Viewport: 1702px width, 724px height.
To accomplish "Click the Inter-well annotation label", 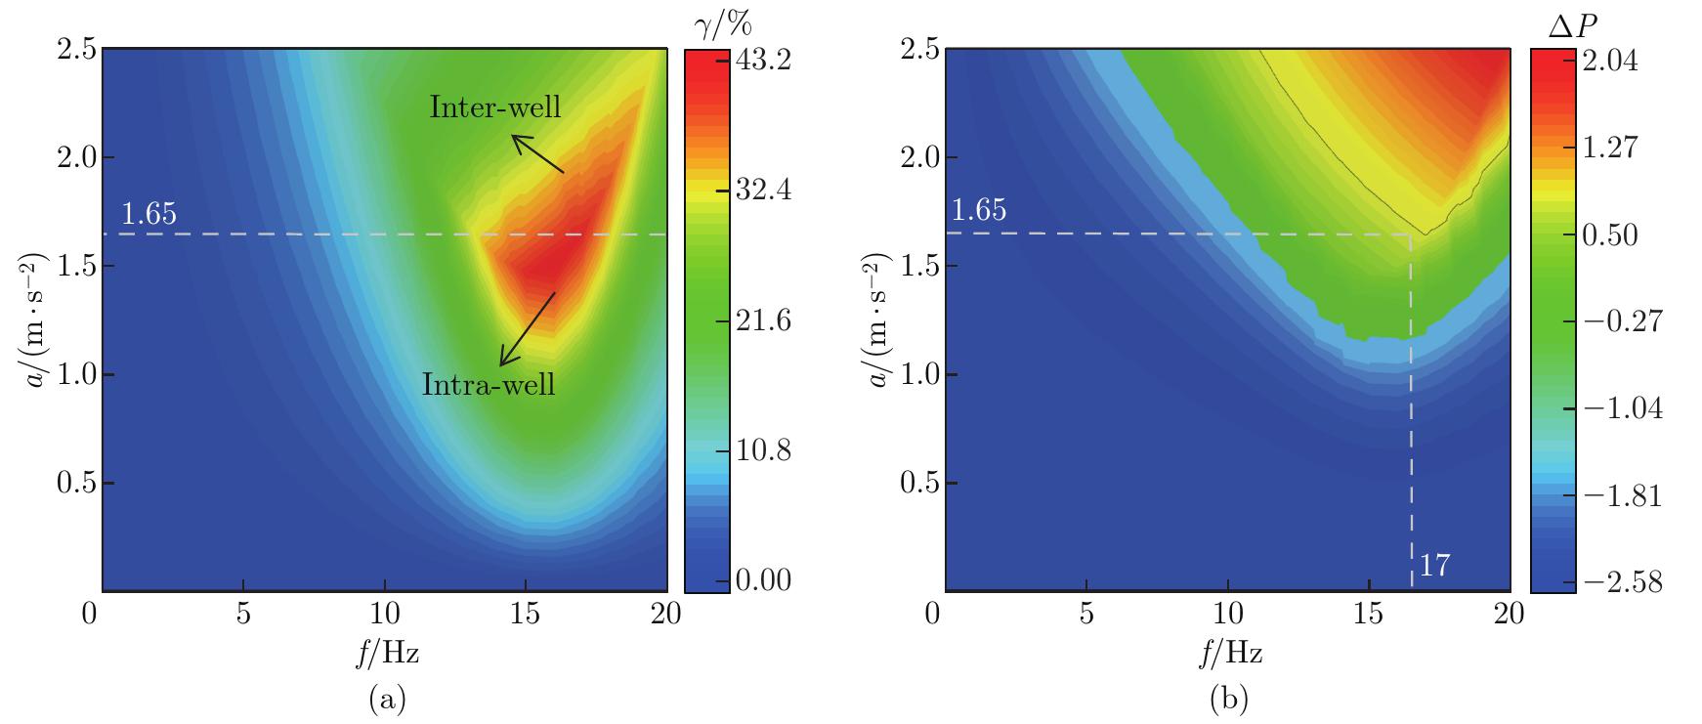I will pyautogui.click(x=495, y=106).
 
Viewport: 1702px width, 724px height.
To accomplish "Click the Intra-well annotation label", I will pyautogui.click(x=489, y=384).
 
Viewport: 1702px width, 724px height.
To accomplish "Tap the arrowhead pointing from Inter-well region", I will pyautogui.click(x=516, y=139).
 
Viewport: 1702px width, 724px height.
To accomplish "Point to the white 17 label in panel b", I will pyautogui.click(x=1433, y=565).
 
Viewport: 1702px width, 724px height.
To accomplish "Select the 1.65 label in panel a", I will pyautogui.click(x=149, y=215).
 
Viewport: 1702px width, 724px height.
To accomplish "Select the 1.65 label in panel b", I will pyautogui.click(x=978, y=211).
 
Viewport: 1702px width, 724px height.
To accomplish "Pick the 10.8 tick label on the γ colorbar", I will pyautogui.click(x=762, y=451).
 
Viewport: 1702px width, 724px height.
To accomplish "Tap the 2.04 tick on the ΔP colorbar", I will pyautogui.click(x=1611, y=61).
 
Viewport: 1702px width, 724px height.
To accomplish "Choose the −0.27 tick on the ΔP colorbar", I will pyautogui.click(x=1618, y=321).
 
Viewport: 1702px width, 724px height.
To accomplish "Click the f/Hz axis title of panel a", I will pyautogui.click(x=386, y=654).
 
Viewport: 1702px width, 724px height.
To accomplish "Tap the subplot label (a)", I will pyautogui.click(x=386, y=699).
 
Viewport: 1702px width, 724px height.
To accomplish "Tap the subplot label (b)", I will pyautogui.click(x=1229, y=699).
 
